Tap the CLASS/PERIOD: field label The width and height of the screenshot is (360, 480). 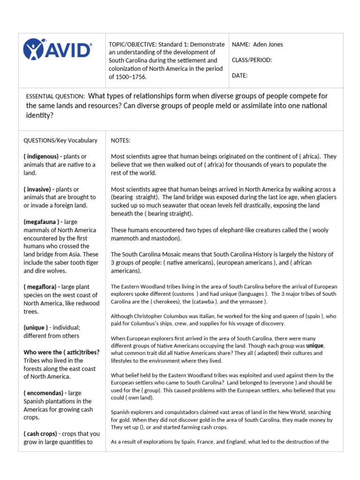[252, 60]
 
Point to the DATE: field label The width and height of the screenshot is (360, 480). [240, 75]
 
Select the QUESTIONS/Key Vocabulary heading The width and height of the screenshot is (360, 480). [60, 140]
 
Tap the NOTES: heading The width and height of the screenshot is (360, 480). [121, 140]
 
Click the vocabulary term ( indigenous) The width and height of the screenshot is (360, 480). [42, 156]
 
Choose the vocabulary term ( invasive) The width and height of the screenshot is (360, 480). [39, 189]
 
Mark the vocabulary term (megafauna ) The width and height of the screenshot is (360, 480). [43, 222]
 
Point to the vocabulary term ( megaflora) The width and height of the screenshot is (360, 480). [41, 287]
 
